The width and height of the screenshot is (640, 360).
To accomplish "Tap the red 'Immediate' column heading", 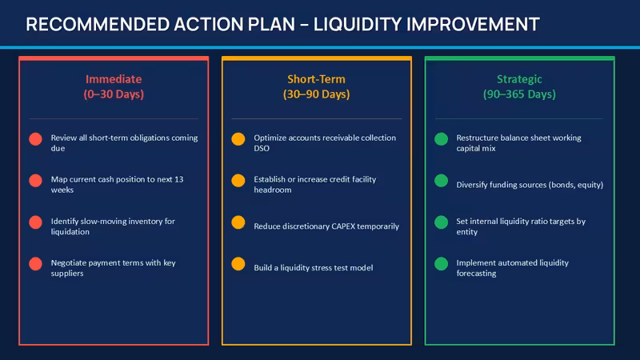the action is (x=114, y=78).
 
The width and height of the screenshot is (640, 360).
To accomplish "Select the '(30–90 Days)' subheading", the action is (x=316, y=94).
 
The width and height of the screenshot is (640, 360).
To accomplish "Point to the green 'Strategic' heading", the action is (x=519, y=79).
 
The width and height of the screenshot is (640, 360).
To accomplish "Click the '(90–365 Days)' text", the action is (x=519, y=94).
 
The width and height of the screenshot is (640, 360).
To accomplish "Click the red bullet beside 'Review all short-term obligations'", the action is (x=35, y=139).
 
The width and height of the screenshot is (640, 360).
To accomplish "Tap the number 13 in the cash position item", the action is (x=178, y=179).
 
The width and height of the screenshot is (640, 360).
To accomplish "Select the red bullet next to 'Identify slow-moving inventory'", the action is (x=35, y=222).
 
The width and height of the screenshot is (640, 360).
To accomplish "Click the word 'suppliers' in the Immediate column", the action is (x=67, y=274).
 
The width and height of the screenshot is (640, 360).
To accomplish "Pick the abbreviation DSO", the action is (x=262, y=149).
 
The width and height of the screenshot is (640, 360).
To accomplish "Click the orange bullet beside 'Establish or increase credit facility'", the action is (x=238, y=181).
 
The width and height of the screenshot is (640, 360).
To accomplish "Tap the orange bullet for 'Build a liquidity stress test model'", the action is (x=238, y=264).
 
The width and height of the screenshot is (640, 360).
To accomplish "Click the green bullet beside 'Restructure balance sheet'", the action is (x=442, y=139).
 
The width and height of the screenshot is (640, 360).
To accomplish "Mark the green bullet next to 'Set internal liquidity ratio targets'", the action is (x=442, y=222).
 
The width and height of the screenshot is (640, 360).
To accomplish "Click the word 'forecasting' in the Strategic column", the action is (x=476, y=274).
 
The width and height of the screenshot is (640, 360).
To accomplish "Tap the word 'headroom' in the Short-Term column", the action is (x=273, y=190).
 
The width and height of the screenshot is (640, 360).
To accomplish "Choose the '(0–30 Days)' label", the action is (x=114, y=94).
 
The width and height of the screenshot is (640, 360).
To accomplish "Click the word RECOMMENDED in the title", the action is (x=98, y=25).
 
